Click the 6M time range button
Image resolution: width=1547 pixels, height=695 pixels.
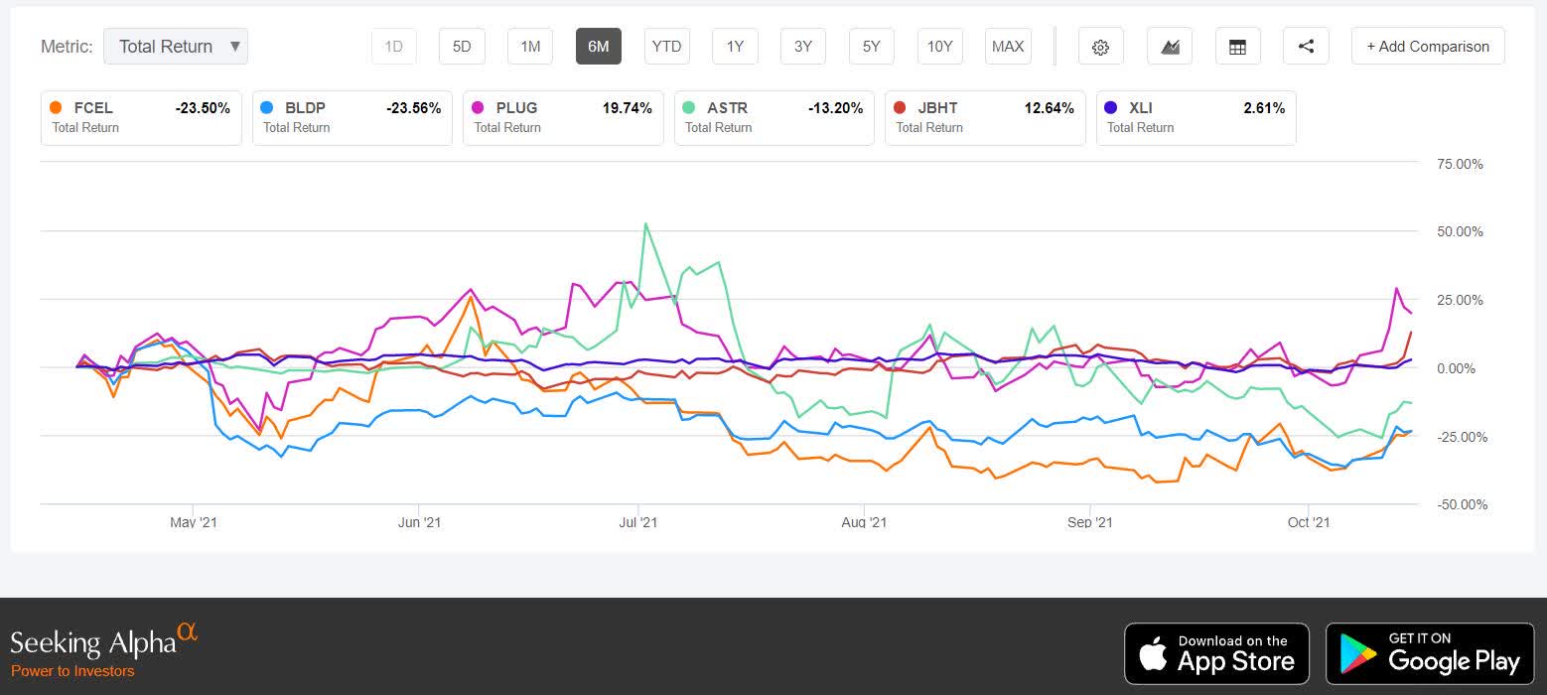coord(598,47)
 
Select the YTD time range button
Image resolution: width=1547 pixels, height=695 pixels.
coord(666,47)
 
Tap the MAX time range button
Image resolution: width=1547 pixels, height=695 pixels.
coord(1008,47)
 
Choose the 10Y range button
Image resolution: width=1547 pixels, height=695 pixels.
coord(939,47)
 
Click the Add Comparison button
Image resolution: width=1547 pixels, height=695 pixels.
coord(1427,47)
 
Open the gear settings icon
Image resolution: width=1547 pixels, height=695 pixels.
coord(1100,47)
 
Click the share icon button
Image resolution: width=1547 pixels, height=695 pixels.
coord(1306,47)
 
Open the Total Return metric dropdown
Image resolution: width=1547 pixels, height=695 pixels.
coord(176,47)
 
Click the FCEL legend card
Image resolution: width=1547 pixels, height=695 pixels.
coord(141,117)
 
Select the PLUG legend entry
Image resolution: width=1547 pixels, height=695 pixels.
coord(562,117)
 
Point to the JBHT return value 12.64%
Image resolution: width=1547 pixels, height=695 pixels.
coord(1049,108)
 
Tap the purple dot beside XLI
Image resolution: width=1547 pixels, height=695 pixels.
coord(1110,108)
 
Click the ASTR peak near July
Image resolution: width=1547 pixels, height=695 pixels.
coord(646,223)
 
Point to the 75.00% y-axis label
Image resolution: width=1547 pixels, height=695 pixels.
coord(1460,164)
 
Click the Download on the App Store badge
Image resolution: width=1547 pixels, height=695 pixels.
coord(1216,653)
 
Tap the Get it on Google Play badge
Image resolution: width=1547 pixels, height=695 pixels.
coord(1430,653)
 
